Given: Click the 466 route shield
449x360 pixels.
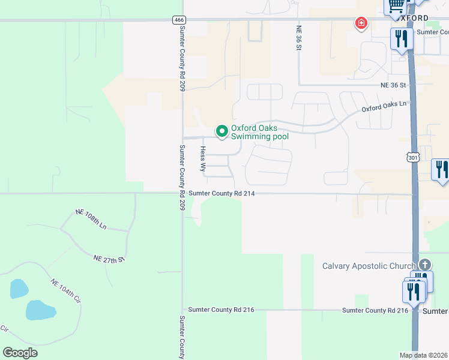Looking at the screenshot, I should click(x=178, y=20).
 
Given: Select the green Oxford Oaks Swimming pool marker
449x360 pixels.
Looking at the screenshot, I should click(x=222, y=130).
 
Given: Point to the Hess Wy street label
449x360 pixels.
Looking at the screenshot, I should click(x=203, y=159).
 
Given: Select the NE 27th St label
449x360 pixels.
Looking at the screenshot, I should click(x=108, y=259).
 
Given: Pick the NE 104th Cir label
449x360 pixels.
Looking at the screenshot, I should click(x=65, y=292).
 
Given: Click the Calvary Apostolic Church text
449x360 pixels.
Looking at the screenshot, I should click(x=369, y=266).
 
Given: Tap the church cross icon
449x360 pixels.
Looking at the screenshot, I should click(x=425, y=264).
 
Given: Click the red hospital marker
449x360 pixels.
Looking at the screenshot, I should click(x=361, y=24).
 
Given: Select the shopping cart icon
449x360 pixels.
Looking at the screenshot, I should click(x=396, y=5).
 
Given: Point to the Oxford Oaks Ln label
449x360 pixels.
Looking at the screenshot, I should click(x=384, y=107).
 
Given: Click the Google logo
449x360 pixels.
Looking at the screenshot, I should click(x=20, y=352).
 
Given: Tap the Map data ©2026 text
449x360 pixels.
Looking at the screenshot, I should click(x=423, y=355).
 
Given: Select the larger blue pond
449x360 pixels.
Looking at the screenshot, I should click(x=40, y=310).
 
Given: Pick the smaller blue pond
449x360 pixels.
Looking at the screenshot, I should click(x=19, y=289).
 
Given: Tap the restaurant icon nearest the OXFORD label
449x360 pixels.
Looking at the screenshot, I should click(x=400, y=39).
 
